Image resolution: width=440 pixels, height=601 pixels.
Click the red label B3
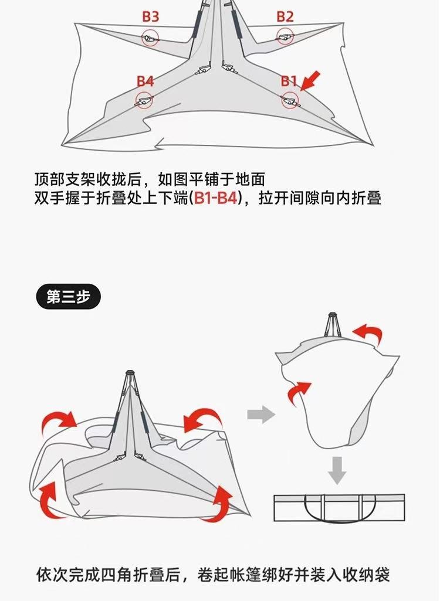151,16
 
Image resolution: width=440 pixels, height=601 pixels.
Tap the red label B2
285,16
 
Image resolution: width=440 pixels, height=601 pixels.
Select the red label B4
145,81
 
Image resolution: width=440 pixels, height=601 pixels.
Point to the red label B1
288,81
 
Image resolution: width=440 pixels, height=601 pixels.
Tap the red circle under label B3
150,39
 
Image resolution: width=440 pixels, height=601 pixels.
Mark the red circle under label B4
144,100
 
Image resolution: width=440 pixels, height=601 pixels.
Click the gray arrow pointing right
261,416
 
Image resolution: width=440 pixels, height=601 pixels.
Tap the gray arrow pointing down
336,469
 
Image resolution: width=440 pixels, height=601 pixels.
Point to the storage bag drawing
339,507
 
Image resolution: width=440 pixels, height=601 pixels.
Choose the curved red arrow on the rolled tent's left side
299,391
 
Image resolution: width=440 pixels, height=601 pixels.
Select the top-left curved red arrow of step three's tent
59,420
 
